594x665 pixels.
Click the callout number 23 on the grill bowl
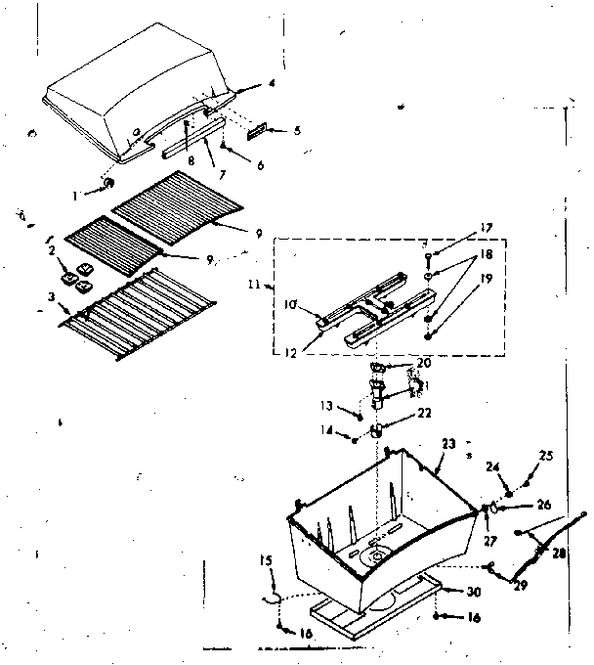coord(448,444)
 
